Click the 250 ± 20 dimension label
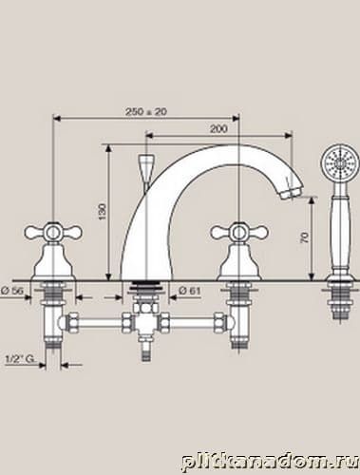pyautogui.click(x=146, y=111)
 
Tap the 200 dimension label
pyautogui.click(x=218, y=129)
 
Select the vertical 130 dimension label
pyautogui.click(x=103, y=212)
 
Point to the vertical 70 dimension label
pyautogui.click(x=304, y=237)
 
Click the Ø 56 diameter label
pyautogui.click(x=12, y=290)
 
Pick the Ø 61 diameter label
pyautogui.click(x=189, y=290)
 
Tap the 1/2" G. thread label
pyautogui.click(x=20, y=359)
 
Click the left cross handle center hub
pyautogui.click(x=52, y=233)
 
